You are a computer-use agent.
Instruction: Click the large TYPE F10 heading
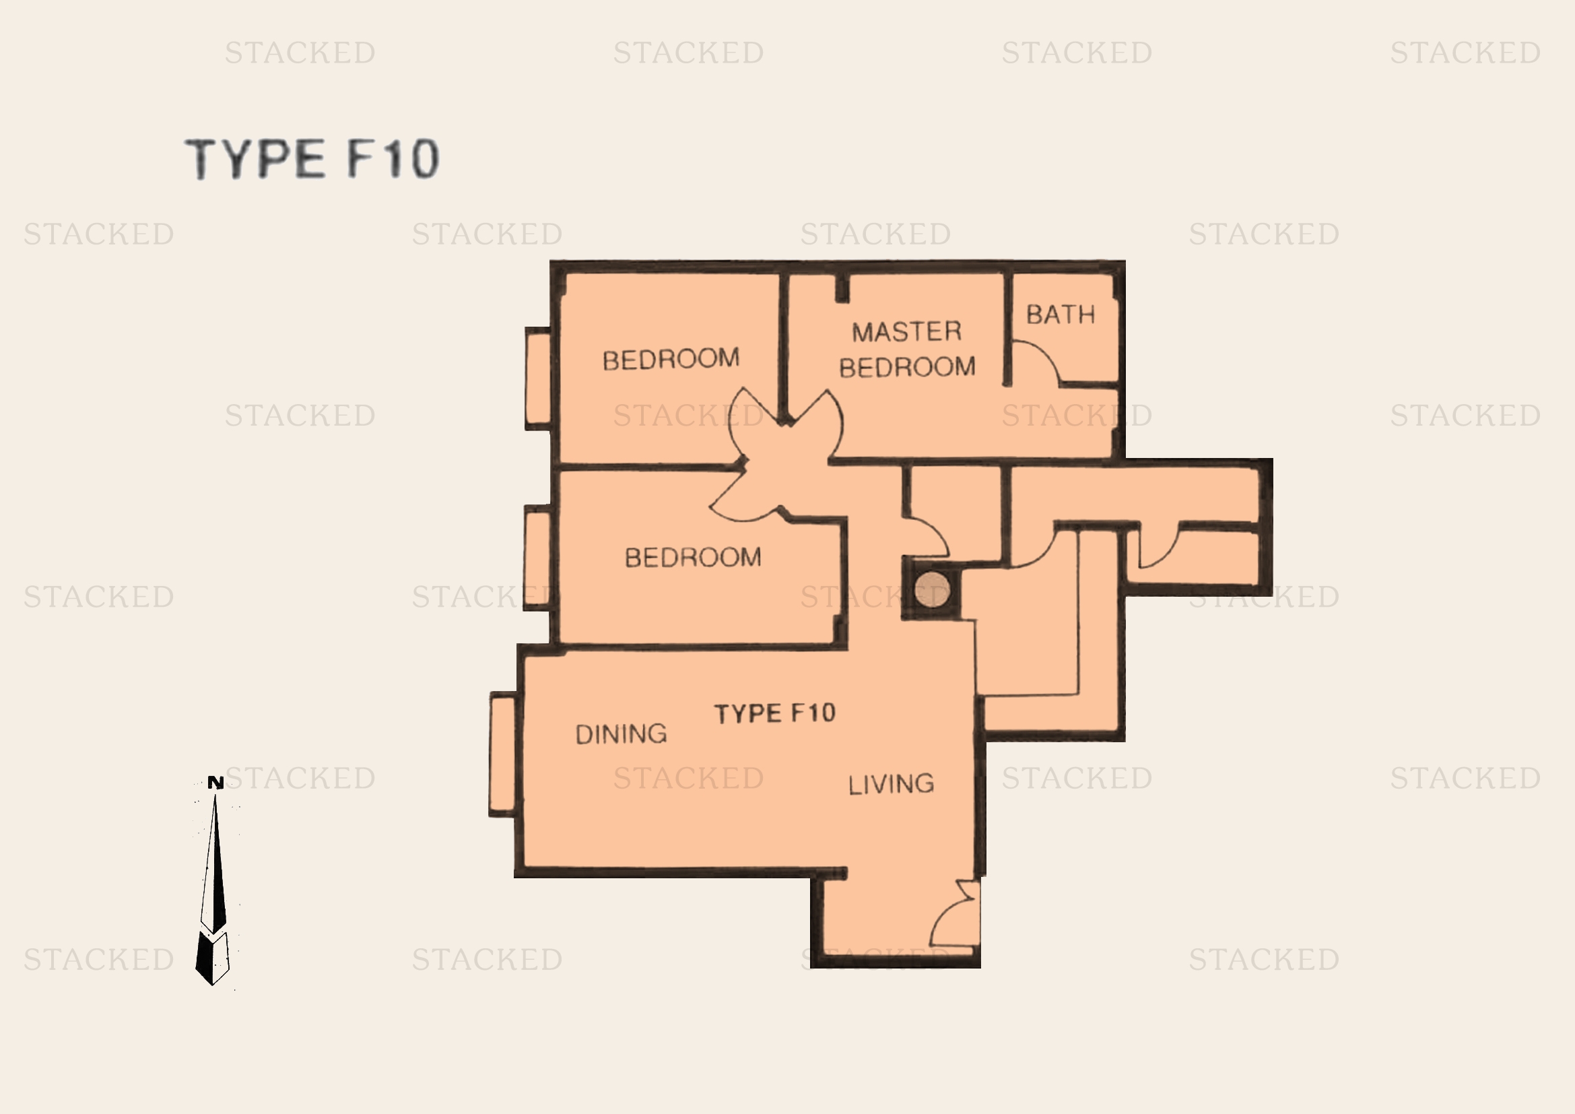(x=312, y=158)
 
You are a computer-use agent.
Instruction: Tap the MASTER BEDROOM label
(x=907, y=349)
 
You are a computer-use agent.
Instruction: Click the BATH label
(x=1061, y=315)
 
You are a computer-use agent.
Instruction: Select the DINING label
(x=621, y=734)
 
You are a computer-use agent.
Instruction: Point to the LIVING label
(x=891, y=784)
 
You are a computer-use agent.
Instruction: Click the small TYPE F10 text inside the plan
(x=775, y=713)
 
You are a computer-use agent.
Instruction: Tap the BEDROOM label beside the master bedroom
(x=671, y=359)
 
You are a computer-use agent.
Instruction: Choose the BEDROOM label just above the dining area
(x=693, y=557)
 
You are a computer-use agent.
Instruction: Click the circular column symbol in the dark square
(x=932, y=589)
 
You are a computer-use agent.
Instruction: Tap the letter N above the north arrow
(x=215, y=783)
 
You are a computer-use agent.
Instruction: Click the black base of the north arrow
(x=212, y=958)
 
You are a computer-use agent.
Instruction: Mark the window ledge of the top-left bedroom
(x=539, y=379)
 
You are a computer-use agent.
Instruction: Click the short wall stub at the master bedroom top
(x=842, y=288)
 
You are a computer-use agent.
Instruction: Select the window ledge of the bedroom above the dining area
(x=538, y=557)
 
